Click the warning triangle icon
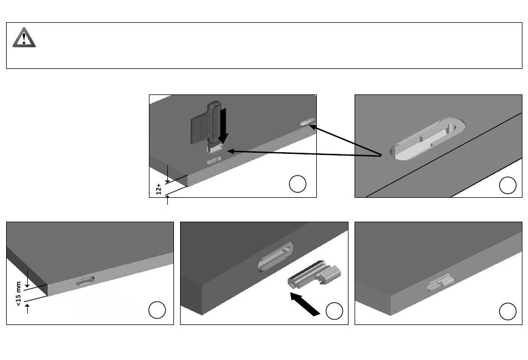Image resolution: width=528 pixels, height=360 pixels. (x=24, y=37)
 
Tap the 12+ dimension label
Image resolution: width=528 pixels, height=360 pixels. (x=158, y=189)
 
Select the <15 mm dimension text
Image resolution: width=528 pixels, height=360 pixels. (x=18, y=293)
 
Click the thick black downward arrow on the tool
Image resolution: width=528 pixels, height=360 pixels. (x=223, y=125)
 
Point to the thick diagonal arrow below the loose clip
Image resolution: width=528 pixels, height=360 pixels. (x=305, y=304)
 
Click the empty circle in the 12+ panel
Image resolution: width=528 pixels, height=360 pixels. (x=298, y=184)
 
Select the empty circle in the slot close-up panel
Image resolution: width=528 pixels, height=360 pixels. (x=507, y=185)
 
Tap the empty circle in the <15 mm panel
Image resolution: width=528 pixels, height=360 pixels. (x=157, y=310)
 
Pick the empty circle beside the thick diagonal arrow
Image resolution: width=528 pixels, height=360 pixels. (x=335, y=311)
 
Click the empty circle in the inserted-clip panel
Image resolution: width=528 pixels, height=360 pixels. (x=507, y=311)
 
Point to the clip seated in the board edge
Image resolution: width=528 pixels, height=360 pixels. (x=440, y=282)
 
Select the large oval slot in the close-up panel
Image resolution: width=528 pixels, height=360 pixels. (x=427, y=138)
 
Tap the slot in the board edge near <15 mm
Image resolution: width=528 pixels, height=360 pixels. (x=85, y=281)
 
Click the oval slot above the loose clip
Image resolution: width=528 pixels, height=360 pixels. (x=276, y=256)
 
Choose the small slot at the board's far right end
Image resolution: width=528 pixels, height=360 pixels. (x=308, y=122)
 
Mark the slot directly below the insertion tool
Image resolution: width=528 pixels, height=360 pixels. (x=214, y=161)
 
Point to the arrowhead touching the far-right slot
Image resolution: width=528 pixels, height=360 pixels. (x=312, y=127)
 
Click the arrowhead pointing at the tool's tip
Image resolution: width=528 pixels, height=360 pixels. (x=231, y=152)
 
